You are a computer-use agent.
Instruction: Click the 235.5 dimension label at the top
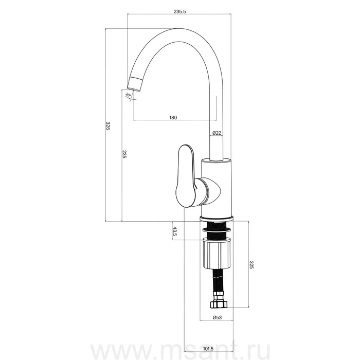tap(179, 11)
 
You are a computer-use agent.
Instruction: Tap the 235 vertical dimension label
tap(124, 154)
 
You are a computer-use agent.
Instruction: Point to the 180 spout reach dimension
tap(173, 118)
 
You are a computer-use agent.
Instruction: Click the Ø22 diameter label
tap(217, 133)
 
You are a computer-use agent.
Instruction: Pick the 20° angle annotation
tap(128, 95)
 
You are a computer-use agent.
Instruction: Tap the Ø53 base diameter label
tap(217, 317)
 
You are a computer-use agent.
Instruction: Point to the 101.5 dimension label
tap(208, 349)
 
